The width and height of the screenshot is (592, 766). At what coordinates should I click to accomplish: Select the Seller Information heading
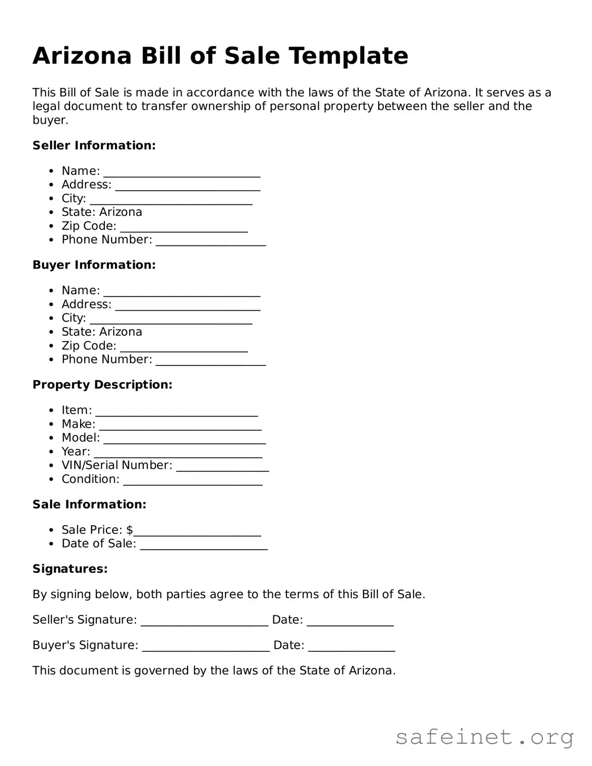94,145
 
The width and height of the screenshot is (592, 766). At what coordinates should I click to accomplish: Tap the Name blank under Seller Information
182,173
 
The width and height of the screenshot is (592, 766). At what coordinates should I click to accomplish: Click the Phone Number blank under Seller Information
211,241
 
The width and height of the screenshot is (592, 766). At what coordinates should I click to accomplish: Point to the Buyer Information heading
94,265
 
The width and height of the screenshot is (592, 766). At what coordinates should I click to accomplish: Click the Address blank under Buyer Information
188,306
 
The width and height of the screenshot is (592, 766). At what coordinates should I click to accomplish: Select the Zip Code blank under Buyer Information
184,347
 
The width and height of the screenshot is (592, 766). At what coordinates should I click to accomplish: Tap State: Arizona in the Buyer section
102,332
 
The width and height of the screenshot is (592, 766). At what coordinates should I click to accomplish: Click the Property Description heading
102,385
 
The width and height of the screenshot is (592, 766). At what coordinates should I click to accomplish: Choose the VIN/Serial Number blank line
222,467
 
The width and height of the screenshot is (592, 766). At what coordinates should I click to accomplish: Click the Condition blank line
192,481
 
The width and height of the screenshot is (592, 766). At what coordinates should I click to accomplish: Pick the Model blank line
184,440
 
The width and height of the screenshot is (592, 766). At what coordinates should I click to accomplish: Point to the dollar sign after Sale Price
130,530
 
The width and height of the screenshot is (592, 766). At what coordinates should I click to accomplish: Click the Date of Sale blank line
204,545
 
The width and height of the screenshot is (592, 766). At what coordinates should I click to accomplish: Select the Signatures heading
70,569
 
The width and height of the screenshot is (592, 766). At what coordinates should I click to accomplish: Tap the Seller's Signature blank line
204,622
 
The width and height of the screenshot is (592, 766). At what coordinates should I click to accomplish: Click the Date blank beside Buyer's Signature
351,647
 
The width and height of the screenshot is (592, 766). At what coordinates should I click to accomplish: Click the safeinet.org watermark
484,737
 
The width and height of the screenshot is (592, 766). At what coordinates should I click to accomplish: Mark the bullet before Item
51,411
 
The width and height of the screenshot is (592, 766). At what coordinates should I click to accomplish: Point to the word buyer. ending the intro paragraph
50,120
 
